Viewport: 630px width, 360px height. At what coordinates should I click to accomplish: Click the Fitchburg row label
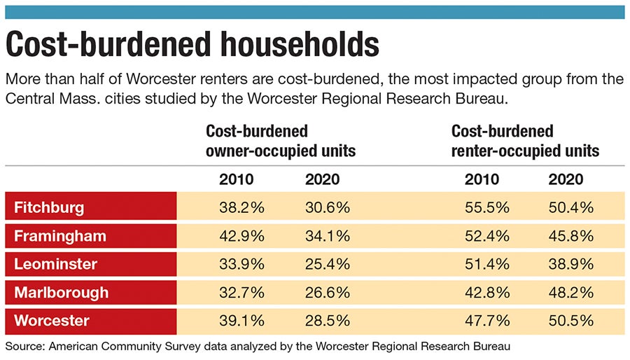coord(49,207)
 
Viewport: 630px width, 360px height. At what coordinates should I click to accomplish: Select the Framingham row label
coord(60,236)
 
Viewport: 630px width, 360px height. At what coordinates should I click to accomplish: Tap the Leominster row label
coord(55,264)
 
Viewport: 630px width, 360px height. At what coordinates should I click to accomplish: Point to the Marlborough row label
coord(62,293)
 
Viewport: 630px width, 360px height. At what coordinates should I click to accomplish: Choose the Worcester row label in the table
coord(51,321)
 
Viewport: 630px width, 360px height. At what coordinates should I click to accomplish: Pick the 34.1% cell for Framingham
coord(328,236)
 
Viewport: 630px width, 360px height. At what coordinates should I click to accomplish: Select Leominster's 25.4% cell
coord(328,264)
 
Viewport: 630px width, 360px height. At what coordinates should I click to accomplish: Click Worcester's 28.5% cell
coord(328,321)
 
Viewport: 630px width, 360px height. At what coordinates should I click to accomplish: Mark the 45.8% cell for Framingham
coord(570,236)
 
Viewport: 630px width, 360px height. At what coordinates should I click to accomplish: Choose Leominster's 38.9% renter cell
coord(570,264)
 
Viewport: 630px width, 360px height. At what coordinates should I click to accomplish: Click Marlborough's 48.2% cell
coord(570,293)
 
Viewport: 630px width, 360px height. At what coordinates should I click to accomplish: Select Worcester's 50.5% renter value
coord(570,321)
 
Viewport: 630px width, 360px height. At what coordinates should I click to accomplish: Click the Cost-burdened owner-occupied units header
coord(280,141)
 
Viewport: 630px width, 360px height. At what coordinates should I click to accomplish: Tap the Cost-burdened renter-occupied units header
coord(525,141)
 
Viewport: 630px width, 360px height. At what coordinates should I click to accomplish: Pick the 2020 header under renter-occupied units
coord(566,179)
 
